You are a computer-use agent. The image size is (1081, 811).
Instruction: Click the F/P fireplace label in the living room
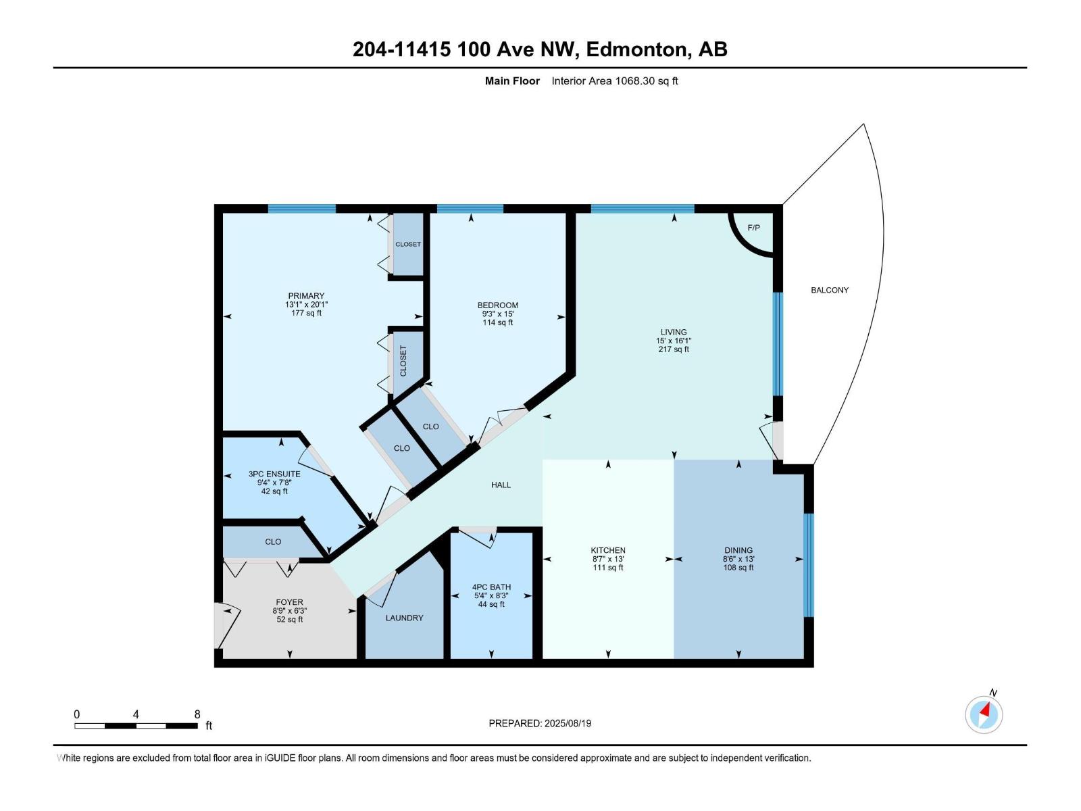(753, 228)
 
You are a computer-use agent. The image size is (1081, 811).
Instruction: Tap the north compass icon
(984, 714)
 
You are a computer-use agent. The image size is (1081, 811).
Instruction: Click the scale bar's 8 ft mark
(197, 714)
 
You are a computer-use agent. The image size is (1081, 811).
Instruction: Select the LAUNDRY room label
(404, 618)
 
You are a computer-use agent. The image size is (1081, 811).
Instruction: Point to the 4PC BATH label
(491, 587)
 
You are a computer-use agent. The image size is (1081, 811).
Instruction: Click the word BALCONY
(829, 290)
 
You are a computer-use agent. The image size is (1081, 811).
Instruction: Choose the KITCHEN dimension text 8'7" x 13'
(608, 559)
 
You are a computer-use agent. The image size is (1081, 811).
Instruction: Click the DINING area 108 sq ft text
(738, 568)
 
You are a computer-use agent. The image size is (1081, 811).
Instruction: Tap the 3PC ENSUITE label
(274, 474)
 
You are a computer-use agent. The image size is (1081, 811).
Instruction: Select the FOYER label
(289, 601)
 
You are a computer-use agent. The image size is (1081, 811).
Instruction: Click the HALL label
(501, 485)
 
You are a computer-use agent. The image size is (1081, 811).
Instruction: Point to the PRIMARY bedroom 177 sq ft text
(306, 313)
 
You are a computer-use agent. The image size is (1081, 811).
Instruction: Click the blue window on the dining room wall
(808, 565)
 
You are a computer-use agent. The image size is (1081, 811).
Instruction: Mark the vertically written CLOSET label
(403, 361)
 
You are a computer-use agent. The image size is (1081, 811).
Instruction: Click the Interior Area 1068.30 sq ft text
(614, 81)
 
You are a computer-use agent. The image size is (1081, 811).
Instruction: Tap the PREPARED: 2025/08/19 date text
(540, 723)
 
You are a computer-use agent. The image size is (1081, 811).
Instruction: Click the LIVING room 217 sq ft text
(674, 349)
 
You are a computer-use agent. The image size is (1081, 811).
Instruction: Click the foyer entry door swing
(228, 626)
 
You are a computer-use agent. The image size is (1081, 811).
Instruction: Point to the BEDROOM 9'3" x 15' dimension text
(497, 314)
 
